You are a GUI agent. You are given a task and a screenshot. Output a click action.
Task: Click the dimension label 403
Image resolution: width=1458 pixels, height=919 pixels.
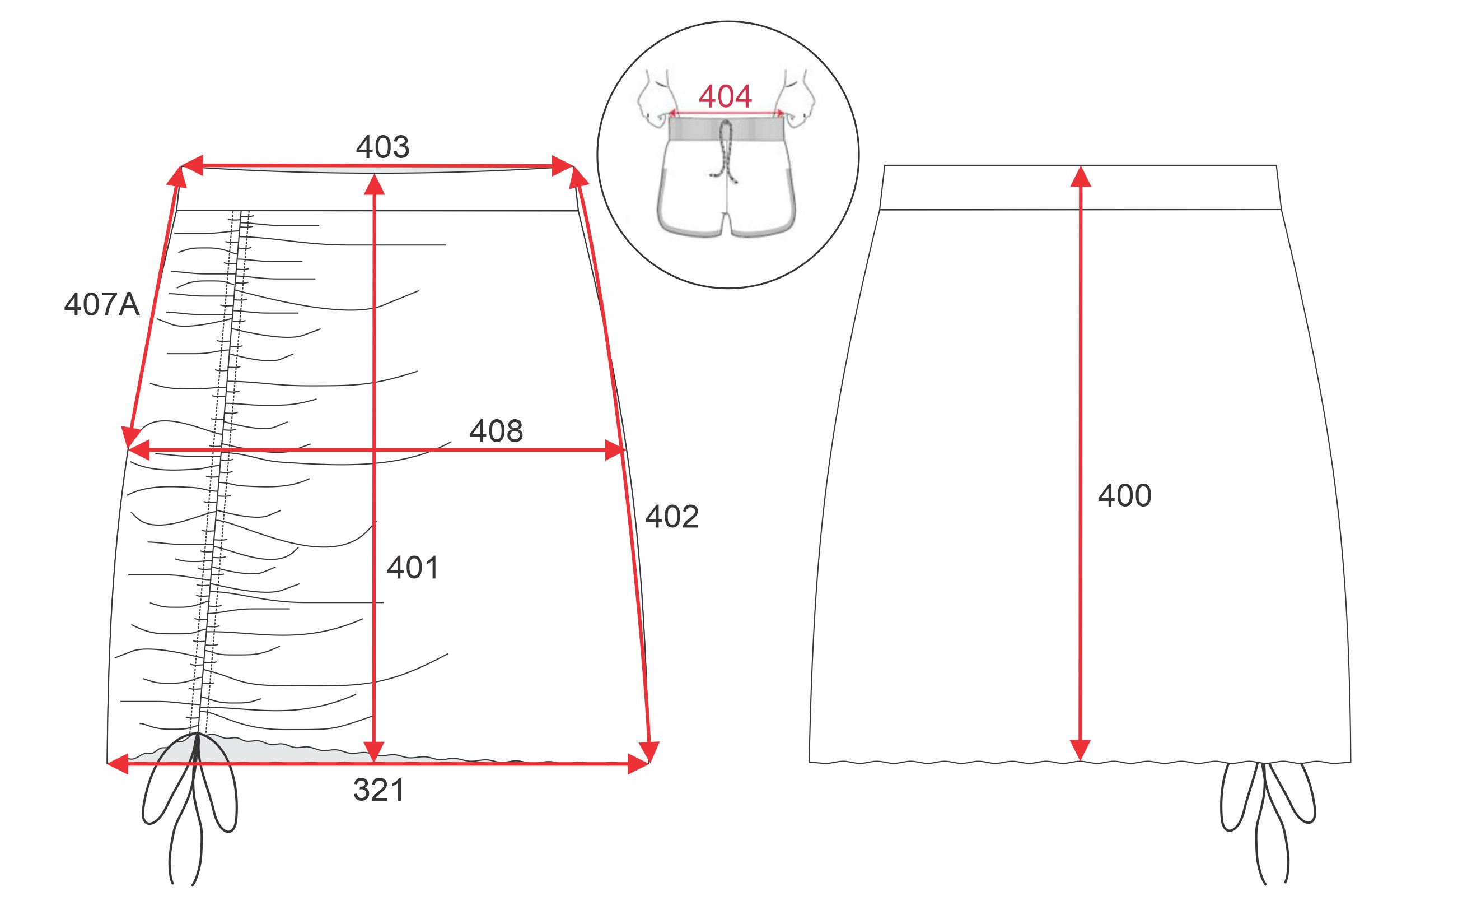(x=382, y=147)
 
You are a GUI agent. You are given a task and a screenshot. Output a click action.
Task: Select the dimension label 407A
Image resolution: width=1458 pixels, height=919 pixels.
(x=102, y=304)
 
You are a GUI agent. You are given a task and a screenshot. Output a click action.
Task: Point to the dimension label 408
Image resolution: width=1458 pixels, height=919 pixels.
(x=496, y=431)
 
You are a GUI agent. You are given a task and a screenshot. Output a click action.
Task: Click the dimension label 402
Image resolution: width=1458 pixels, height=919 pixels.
(x=671, y=517)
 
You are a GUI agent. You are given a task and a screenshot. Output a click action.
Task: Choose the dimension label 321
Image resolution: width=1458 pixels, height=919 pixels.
(x=378, y=790)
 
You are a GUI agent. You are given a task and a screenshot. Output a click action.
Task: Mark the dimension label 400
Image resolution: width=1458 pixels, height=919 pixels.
(x=1124, y=495)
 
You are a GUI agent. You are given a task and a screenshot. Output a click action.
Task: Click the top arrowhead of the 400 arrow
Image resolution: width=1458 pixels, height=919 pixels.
(x=1080, y=177)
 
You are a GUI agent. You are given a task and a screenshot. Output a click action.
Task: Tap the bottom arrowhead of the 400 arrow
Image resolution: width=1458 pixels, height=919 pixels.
(x=1080, y=750)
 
